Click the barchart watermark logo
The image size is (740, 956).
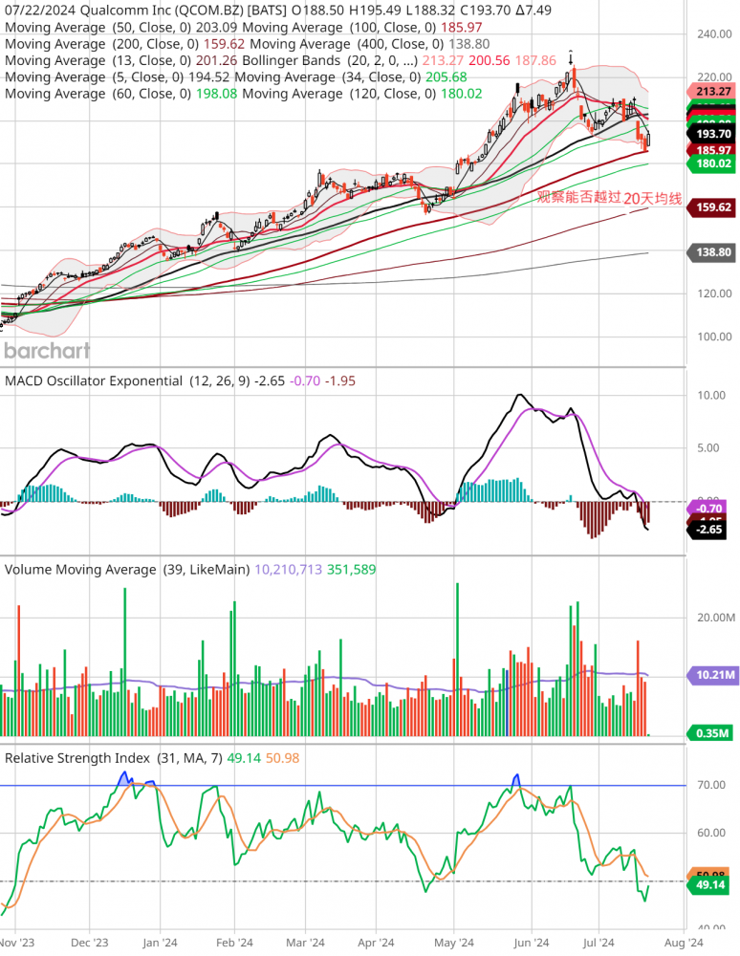[x=47, y=350]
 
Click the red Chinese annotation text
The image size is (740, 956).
[x=608, y=198]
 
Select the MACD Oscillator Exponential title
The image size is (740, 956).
[x=94, y=380]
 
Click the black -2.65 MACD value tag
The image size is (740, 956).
[x=708, y=530]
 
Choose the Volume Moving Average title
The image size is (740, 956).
[x=80, y=569]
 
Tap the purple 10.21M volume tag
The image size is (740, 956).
[x=710, y=675]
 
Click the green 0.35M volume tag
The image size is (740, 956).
[x=710, y=733]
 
